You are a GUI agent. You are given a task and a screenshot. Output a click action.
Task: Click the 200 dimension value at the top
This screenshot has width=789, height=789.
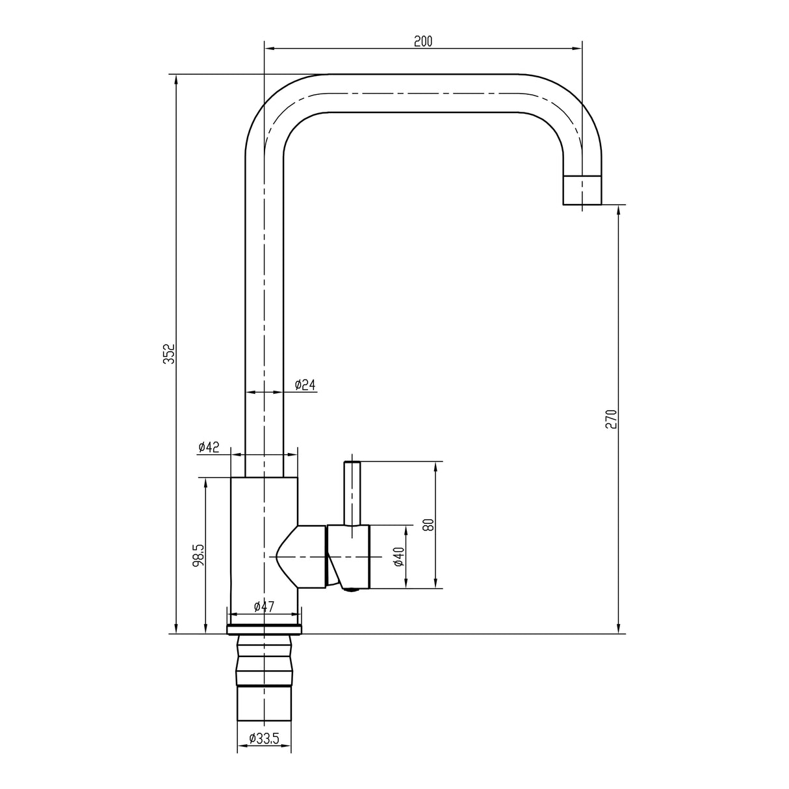[422, 41]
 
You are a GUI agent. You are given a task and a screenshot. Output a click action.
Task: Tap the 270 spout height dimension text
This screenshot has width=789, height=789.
[610, 419]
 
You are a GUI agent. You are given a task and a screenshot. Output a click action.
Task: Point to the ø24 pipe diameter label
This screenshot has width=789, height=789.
[305, 385]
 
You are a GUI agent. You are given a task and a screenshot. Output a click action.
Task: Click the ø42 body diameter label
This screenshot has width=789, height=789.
[209, 446]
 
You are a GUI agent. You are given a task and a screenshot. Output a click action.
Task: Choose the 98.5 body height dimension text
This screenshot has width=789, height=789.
[199, 556]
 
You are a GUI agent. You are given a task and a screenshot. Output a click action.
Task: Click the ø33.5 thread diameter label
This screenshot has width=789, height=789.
[264, 738]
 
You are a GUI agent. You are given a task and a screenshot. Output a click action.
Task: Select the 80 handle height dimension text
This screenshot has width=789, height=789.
[428, 524]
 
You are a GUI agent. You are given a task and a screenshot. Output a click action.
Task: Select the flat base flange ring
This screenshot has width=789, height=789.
[265, 629]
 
